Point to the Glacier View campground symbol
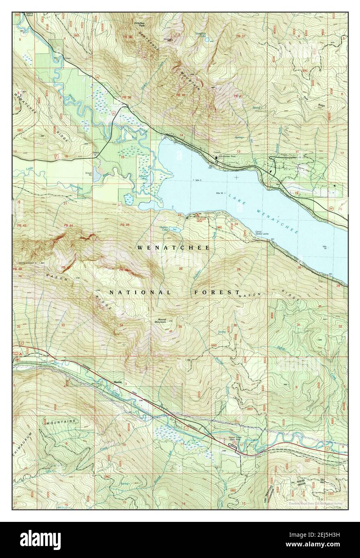click(197, 216)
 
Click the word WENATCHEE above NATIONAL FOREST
click(173, 248)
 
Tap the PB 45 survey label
click(124, 224)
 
